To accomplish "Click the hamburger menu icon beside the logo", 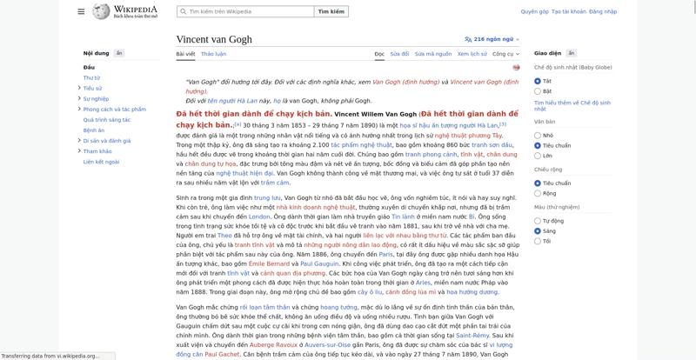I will [81, 12].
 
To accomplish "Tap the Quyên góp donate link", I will [534, 12].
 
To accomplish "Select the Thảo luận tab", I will [213, 54].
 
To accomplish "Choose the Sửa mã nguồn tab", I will [432, 54].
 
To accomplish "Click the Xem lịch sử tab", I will [472, 54].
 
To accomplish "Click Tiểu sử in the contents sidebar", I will [93, 88].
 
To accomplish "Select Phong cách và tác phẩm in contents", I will [114, 110].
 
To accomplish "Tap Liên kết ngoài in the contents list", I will [101, 162].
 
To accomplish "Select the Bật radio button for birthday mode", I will [539, 90].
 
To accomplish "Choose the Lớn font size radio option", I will [539, 156].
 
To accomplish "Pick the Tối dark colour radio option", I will [539, 241].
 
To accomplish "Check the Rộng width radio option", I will [539, 193].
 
